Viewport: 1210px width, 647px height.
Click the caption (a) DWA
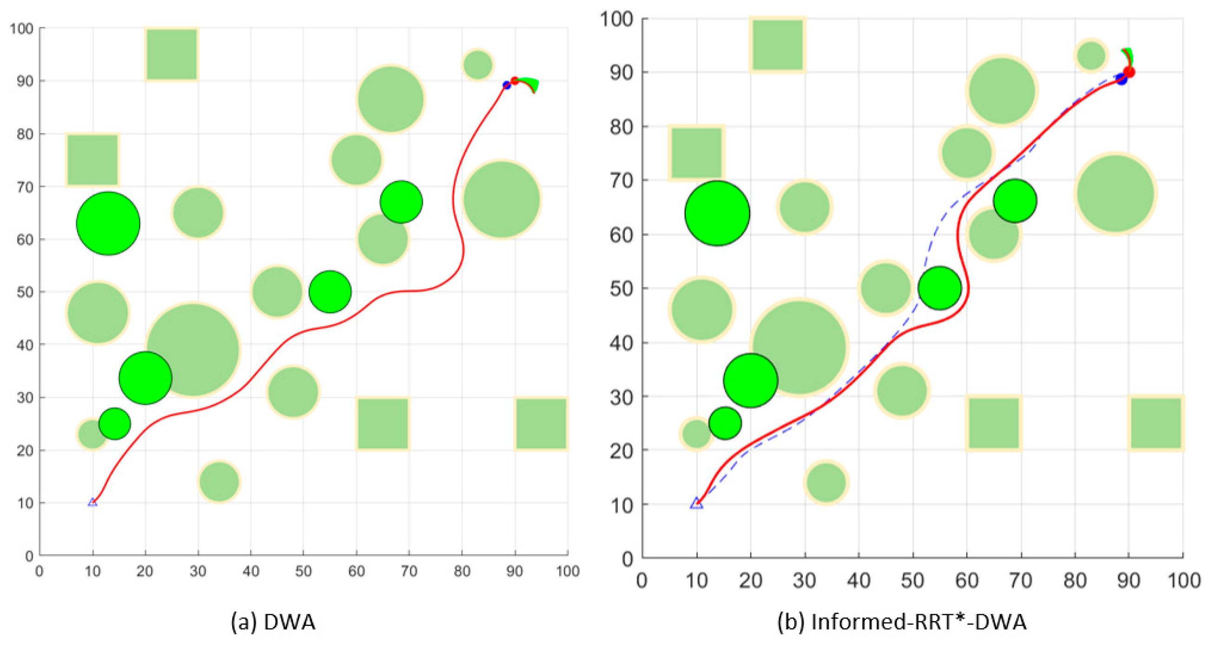pos(273,622)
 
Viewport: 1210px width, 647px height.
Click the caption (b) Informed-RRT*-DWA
pos(902,622)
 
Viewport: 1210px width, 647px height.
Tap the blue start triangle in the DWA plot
pos(92,502)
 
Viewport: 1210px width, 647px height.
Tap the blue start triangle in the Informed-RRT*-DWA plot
pos(697,503)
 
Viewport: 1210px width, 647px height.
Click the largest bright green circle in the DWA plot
pos(108,224)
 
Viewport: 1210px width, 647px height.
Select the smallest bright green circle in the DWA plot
pos(115,423)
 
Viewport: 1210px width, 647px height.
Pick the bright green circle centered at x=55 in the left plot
pos(330,291)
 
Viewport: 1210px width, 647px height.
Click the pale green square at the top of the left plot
pos(171,54)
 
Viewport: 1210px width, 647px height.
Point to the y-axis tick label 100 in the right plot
pos(616,19)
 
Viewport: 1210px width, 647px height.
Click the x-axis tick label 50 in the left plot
pos(303,571)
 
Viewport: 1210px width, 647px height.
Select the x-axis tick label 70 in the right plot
pos(1020,581)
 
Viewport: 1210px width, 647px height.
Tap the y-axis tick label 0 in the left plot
pos(29,556)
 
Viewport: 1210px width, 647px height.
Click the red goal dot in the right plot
pos(1129,72)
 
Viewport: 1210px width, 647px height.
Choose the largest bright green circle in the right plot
pos(717,213)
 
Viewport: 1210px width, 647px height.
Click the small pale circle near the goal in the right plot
pos(1090,55)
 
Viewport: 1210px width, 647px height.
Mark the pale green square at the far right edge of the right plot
pos(1156,423)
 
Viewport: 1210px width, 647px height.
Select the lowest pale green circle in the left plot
pos(219,481)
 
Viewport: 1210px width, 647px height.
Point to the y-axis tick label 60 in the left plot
pos(22,239)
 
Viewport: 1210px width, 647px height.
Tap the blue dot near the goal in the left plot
pos(506,85)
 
